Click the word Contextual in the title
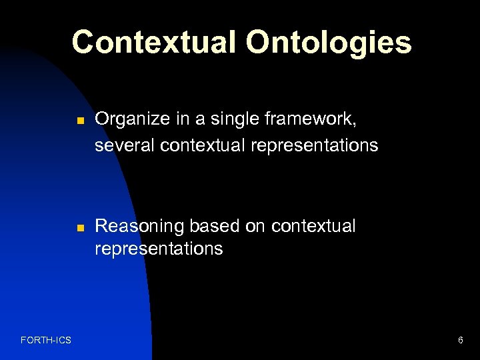155,41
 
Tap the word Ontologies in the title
329,43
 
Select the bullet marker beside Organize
79,121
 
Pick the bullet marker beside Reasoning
79,228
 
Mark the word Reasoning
139,227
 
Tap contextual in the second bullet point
313,227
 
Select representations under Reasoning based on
159,249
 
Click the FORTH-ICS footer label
46,341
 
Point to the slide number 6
460,341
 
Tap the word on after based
255,227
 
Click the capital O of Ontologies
259,42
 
